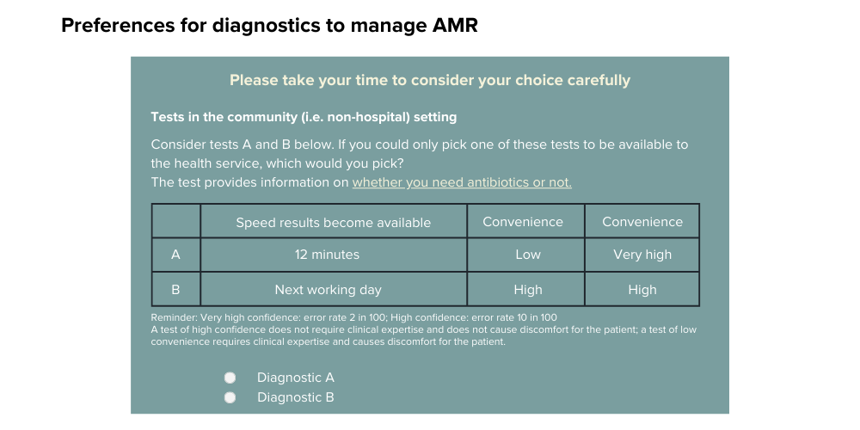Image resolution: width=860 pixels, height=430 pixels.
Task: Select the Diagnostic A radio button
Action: click(x=230, y=378)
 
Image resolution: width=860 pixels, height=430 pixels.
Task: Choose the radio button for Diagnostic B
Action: click(x=230, y=397)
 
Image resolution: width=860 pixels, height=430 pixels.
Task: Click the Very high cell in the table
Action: click(x=642, y=255)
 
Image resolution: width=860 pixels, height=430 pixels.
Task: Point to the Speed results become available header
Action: click(x=334, y=222)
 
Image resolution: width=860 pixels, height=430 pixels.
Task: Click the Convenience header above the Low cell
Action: click(x=523, y=222)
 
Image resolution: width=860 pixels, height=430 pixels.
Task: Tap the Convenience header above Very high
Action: click(x=642, y=222)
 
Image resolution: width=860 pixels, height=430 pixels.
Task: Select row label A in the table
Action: click(x=175, y=255)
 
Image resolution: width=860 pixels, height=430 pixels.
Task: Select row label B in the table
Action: click(x=175, y=290)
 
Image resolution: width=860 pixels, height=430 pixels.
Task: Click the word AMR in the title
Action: click(x=455, y=25)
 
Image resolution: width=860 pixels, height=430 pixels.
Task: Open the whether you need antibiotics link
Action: click(x=462, y=182)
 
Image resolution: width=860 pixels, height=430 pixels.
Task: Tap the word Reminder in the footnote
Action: click(x=174, y=317)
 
